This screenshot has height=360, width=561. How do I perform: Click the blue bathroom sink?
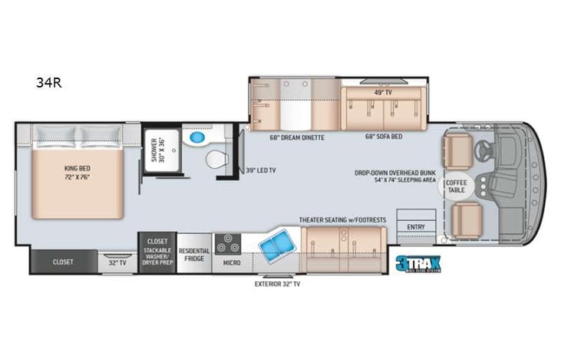point(197,139)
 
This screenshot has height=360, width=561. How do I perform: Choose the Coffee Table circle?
point(452,186)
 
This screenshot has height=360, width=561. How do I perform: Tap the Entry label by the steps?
point(416,226)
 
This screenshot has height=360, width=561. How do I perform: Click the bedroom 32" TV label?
point(117,262)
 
